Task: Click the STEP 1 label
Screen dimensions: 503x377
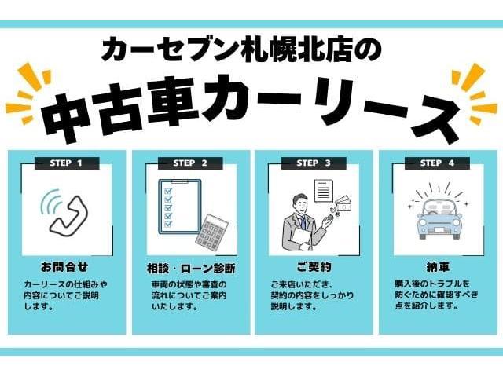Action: click(67, 163)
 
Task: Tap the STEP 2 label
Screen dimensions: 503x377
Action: click(190, 163)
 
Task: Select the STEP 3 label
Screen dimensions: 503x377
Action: click(314, 163)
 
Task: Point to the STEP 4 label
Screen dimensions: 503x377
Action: click(437, 163)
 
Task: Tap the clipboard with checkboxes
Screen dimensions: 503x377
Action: click(180, 207)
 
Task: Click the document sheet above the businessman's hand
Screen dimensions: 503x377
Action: click(324, 192)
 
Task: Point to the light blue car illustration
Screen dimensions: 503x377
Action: click(439, 218)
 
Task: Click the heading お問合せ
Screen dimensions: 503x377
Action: click(64, 267)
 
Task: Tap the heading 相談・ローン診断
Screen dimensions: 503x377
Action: click(191, 269)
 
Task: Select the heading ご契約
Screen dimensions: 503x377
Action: click(314, 267)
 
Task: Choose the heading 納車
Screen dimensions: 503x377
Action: click(438, 267)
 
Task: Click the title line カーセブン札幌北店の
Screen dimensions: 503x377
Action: click(241, 50)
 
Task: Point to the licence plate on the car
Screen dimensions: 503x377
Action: click(439, 229)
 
